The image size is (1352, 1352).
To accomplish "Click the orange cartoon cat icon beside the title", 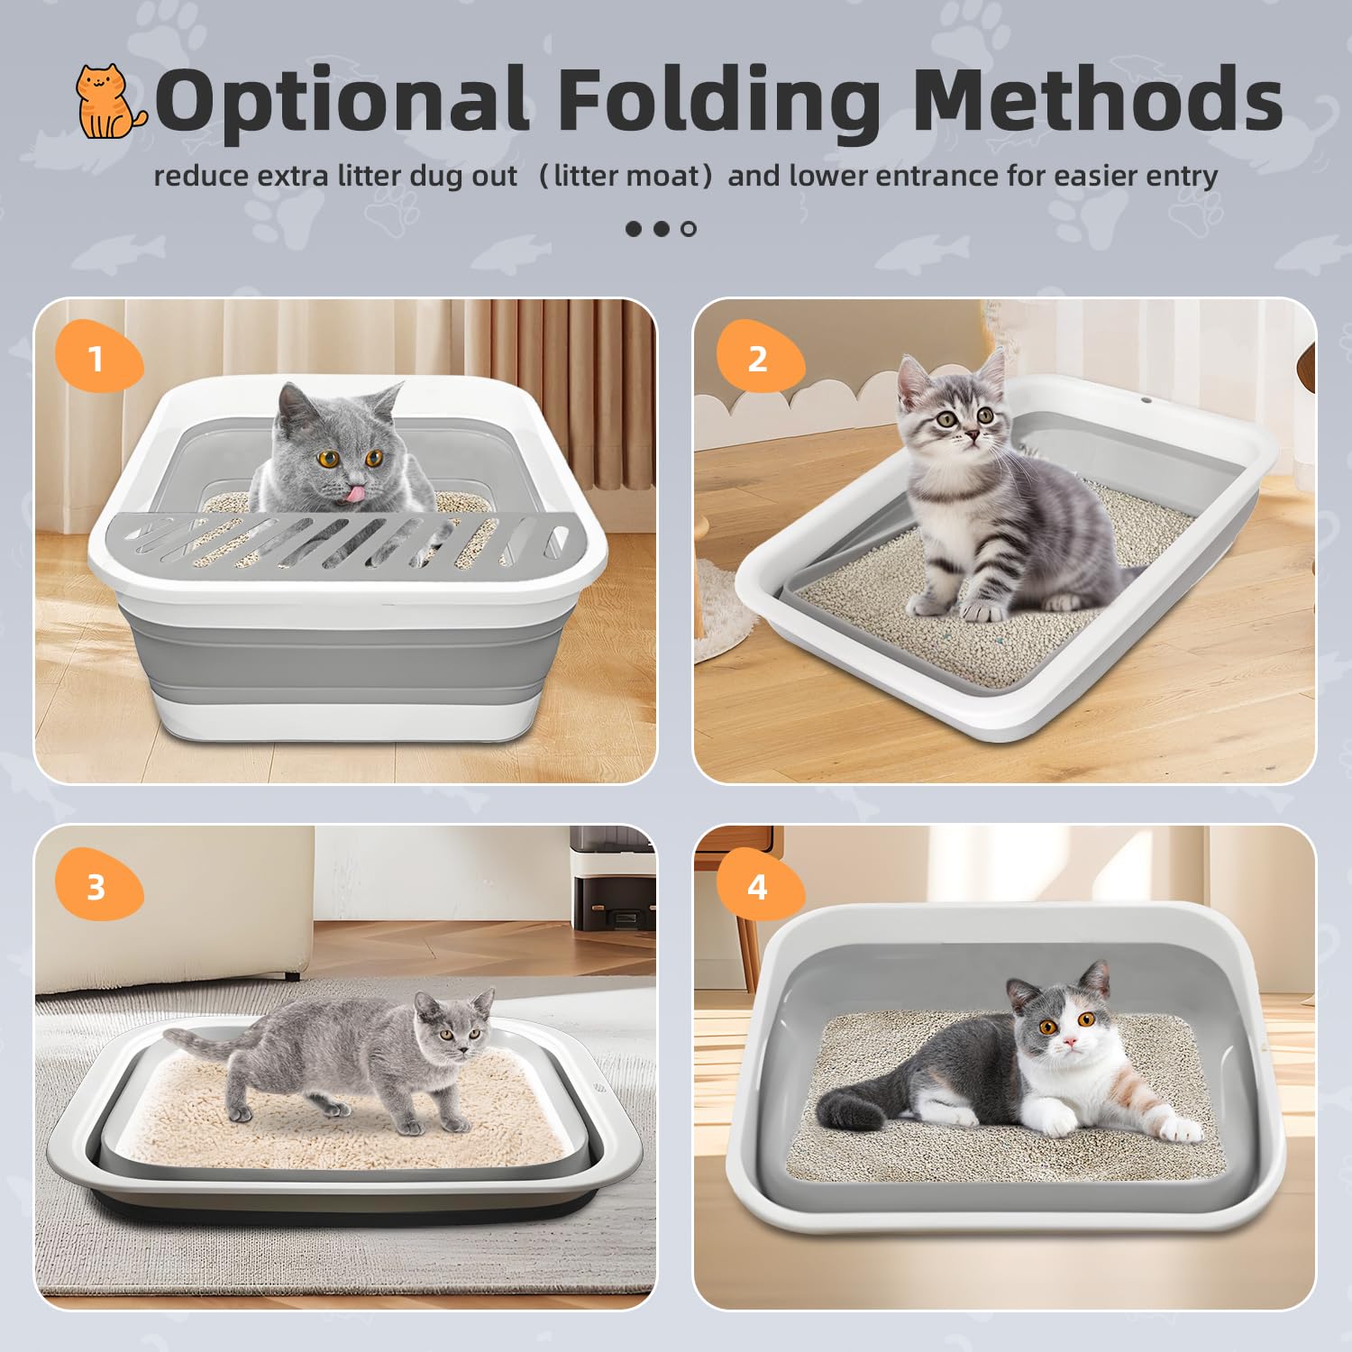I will (x=109, y=101).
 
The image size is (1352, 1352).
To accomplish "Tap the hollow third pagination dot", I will (x=689, y=229).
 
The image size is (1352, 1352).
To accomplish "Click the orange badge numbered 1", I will (x=97, y=359).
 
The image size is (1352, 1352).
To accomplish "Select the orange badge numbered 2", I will (x=758, y=359).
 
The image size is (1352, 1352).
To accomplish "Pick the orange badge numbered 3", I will (x=97, y=887).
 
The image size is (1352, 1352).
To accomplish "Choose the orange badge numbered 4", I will (x=758, y=887).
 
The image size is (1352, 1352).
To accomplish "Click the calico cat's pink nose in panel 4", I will (x=1070, y=1042).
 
